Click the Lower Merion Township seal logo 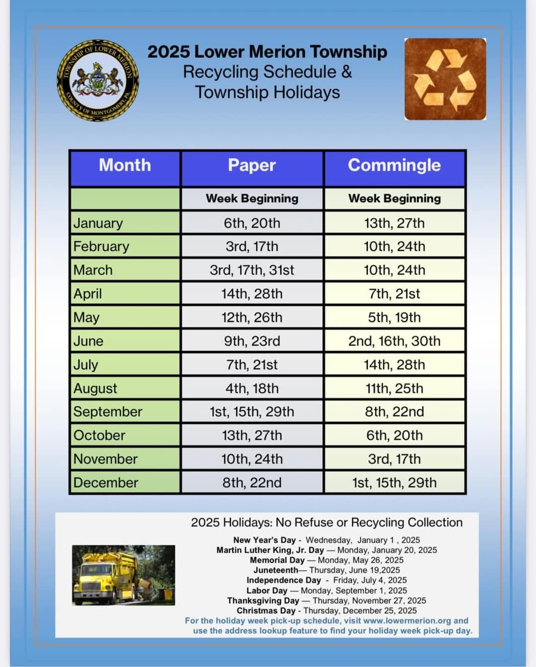click(98, 81)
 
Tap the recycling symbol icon click(445, 79)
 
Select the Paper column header click(252, 166)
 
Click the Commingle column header click(394, 166)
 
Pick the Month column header click(125, 166)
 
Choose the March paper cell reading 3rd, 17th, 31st click(252, 270)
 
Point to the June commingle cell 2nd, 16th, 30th click(394, 341)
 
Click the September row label click(108, 412)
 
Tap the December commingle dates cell click(394, 483)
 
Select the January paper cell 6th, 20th click(252, 223)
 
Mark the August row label click(95, 388)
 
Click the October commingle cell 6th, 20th click(394, 435)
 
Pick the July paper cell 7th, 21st click(252, 365)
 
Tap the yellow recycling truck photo click(124, 575)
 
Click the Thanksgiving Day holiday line click(326, 600)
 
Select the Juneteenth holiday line click(326, 570)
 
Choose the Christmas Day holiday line click(326, 610)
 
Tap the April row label click(88, 294)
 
